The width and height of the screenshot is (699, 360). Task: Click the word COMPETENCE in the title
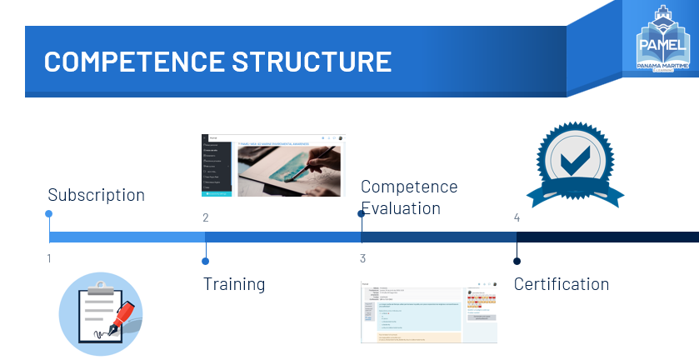tap(134, 62)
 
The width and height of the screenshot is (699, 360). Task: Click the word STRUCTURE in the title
tap(313, 62)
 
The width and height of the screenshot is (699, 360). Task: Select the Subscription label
tap(96, 195)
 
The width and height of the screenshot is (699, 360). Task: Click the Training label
tap(234, 284)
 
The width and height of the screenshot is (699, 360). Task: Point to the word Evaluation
tap(400, 208)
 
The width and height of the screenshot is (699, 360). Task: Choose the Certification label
tap(561, 284)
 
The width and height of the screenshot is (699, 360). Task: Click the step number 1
tap(49, 258)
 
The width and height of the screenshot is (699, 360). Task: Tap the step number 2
tap(205, 218)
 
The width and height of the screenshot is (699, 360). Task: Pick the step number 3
tap(362, 258)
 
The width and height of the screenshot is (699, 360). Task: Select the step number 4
tap(517, 218)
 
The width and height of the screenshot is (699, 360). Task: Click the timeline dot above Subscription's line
tap(49, 214)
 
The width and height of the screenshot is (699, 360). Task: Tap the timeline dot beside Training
tap(205, 261)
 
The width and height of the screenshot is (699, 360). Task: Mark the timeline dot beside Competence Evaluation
tap(361, 214)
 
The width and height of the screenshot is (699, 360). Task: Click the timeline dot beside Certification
tap(517, 261)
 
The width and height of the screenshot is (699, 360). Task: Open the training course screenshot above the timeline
tap(272, 165)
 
